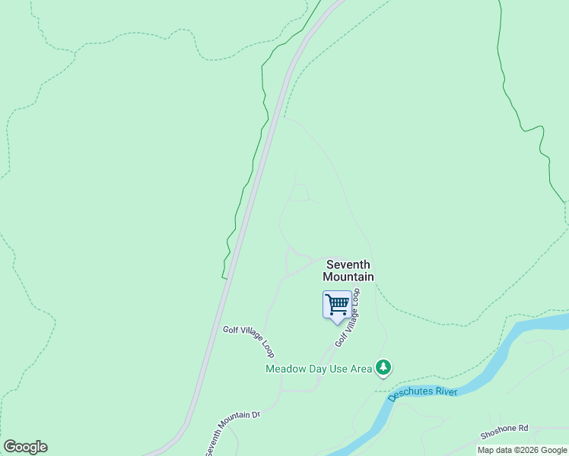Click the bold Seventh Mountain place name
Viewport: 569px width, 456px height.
348,271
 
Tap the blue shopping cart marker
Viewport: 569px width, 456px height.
337,305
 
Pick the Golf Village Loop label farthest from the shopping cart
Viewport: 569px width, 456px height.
248,341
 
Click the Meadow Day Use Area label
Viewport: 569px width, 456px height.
319,369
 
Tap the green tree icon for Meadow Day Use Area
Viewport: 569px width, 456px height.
384,369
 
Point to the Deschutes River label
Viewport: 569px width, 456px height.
422,394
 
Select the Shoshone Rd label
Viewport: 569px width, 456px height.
504,432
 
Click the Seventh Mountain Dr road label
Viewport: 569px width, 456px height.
233,434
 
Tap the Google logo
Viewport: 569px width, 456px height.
25,447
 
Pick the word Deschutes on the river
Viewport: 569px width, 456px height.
410,395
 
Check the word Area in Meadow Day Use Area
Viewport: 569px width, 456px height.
361,369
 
